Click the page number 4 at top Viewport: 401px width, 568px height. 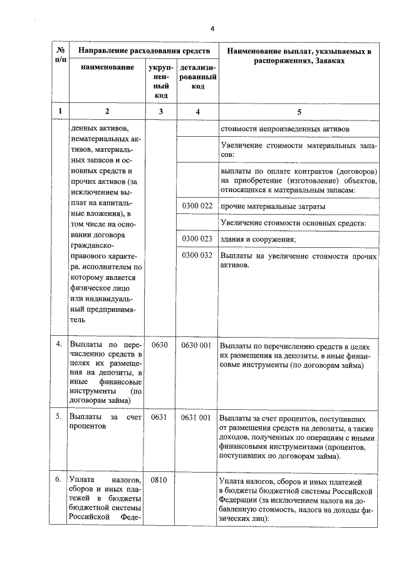click(x=212, y=29)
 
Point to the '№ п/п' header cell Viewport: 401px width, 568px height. click(x=60, y=53)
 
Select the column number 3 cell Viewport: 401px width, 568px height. click(x=161, y=111)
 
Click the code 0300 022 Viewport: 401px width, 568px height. click(x=197, y=206)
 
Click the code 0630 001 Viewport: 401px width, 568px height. click(x=197, y=345)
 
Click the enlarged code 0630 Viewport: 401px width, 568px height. click(x=161, y=345)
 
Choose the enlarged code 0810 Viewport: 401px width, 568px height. click(x=161, y=479)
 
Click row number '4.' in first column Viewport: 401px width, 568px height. click(x=58, y=345)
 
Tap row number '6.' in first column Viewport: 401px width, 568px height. click(x=58, y=479)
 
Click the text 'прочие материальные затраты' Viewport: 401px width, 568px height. click(x=273, y=206)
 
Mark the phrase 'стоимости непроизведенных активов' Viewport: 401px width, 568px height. click(x=284, y=129)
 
